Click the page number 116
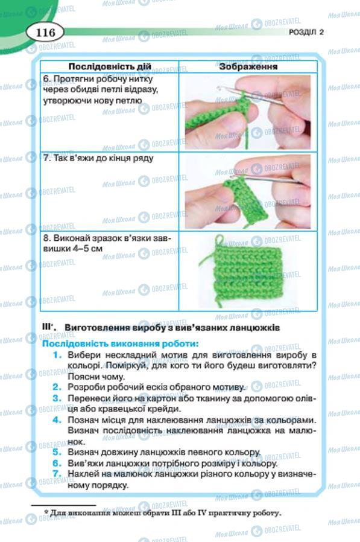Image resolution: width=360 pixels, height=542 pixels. pyautogui.click(x=45, y=33)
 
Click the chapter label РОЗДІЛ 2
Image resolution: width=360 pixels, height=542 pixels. pyautogui.click(x=306, y=32)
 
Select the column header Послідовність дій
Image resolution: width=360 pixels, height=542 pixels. pyautogui.click(x=110, y=66)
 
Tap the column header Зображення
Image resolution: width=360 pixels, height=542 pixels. pyautogui.click(x=248, y=66)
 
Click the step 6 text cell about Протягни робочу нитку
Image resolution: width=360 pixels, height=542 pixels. pyautogui.click(x=101, y=90)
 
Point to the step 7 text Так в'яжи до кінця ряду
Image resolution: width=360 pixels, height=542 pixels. pyautogui.click(x=98, y=158)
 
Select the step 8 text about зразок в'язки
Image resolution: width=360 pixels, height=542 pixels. pyautogui.click(x=107, y=243)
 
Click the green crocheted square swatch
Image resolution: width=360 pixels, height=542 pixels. pyautogui.click(x=247, y=272)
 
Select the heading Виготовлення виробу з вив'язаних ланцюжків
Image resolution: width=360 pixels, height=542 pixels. pyautogui.click(x=172, y=327)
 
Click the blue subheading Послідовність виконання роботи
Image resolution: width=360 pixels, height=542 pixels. pyautogui.click(x=120, y=344)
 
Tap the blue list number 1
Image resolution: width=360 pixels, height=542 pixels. pyautogui.click(x=57, y=355)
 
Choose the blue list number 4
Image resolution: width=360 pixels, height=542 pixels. pyautogui.click(x=57, y=420)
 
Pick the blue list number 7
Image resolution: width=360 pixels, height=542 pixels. pyautogui.click(x=57, y=474)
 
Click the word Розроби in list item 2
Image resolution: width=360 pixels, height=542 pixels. pyautogui.click(x=82, y=387)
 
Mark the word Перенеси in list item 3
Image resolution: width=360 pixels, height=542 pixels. pyautogui.click(x=85, y=398)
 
